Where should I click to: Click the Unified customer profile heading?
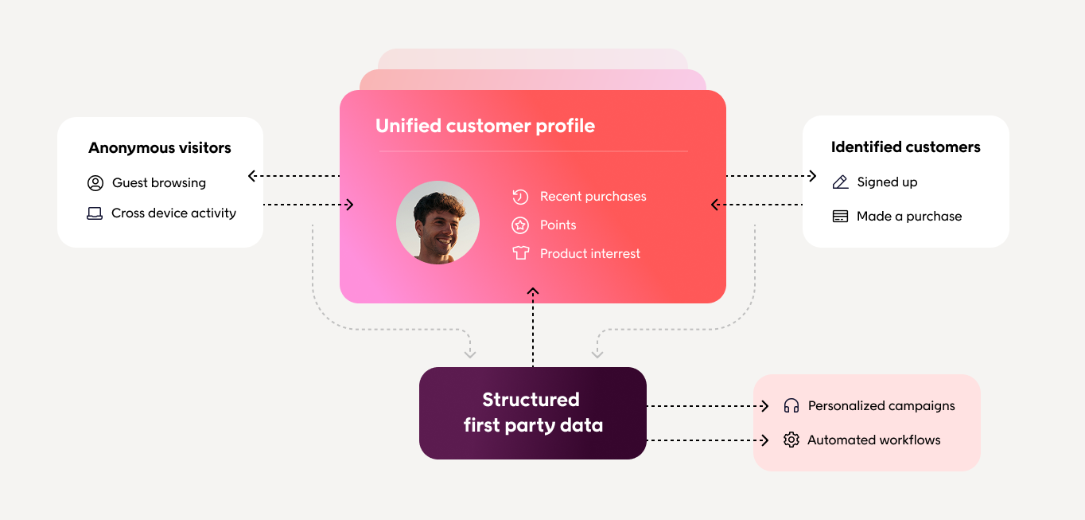pyautogui.click(x=485, y=126)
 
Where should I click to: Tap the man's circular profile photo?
pyautogui.click(x=437, y=222)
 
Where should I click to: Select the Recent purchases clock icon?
pyautogui.click(x=520, y=197)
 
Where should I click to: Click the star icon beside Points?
pyautogui.click(x=520, y=225)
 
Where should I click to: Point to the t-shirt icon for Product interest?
pyautogui.click(x=520, y=254)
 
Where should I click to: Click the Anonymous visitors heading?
pyautogui.click(x=160, y=148)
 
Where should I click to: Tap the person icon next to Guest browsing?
pyautogui.click(x=95, y=183)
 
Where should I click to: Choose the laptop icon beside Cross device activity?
pyautogui.click(x=95, y=213)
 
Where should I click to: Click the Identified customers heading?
pyautogui.click(x=905, y=147)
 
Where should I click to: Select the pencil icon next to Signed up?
pyautogui.click(x=840, y=182)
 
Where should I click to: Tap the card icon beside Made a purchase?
pyautogui.click(x=840, y=217)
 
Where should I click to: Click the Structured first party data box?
pyautogui.click(x=533, y=412)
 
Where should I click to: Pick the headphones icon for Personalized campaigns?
pyautogui.click(x=791, y=406)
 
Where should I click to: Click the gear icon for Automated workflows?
pyautogui.click(x=791, y=440)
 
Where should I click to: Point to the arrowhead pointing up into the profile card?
pyautogui.click(x=533, y=292)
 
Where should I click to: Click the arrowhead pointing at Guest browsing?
pyautogui.click(x=252, y=176)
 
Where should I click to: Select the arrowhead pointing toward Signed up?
pyautogui.click(x=812, y=176)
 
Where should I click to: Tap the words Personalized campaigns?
pyautogui.click(x=881, y=406)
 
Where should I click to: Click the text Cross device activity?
pyautogui.click(x=173, y=213)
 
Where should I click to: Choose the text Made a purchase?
pyautogui.click(x=909, y=217)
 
